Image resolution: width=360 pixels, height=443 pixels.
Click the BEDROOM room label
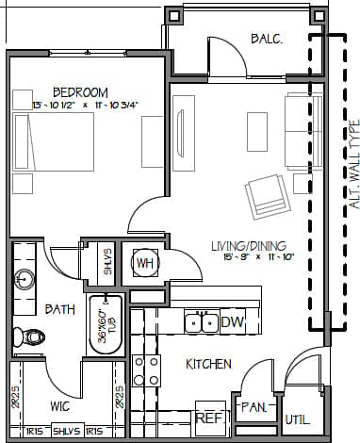pos(79,91)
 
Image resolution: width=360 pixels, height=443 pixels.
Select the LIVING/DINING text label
pos(247,246)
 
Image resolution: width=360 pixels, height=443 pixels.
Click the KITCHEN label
pos(208,364)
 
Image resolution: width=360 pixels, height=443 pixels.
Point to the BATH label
pos(59,309)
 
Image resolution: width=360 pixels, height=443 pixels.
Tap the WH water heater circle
pos(145,262)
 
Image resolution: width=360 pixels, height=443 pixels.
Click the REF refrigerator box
pos(207,414)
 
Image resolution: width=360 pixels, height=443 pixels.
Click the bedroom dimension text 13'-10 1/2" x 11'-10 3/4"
pos(85,105)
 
